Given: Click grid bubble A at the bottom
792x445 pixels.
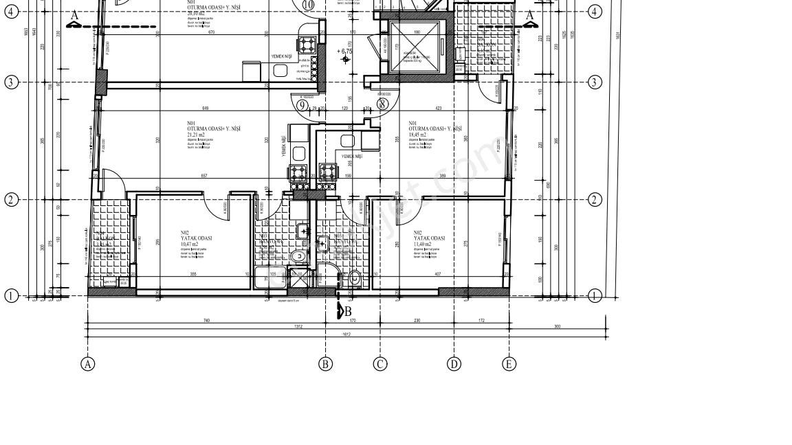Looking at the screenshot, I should (x=87, y=364).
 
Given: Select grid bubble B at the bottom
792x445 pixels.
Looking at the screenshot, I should (x=326, y=364).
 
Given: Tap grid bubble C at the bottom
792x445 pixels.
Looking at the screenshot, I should (x=380, y=364).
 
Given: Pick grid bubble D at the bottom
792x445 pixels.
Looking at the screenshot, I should (x=454, y=364).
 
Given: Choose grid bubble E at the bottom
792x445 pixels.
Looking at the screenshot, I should (x=509, y=364).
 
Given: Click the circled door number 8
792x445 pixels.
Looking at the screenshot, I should (x=382, y=104).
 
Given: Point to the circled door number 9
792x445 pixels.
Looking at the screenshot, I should (x=302, y=105).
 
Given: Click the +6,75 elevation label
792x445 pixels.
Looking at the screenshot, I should (x=344, y=51).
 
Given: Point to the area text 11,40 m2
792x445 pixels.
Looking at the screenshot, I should (x=423, y=244).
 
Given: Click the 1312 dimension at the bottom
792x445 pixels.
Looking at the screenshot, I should (x=298, y=327).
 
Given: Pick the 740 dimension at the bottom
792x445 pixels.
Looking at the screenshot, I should (x=206, y=320).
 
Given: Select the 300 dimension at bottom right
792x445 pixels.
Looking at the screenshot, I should (x=557, y=326).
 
